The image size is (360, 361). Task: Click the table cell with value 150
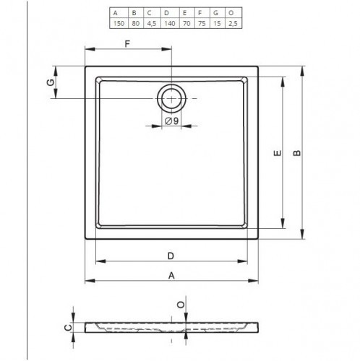(x=119, y=23)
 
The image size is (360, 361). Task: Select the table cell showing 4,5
(x=152, y=23)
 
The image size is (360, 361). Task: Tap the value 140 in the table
(x=170, y=23)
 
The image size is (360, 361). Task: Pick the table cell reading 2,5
(x=233, y=23)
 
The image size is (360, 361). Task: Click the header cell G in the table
(x=215, y=13)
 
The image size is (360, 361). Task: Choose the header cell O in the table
(x=231, y=13)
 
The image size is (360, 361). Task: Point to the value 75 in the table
(x=202, y=23)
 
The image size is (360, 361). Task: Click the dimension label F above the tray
(x=127, y=44)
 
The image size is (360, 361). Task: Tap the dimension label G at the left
(x=51, y=82)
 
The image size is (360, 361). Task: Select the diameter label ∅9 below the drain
(x=171, y=121)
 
